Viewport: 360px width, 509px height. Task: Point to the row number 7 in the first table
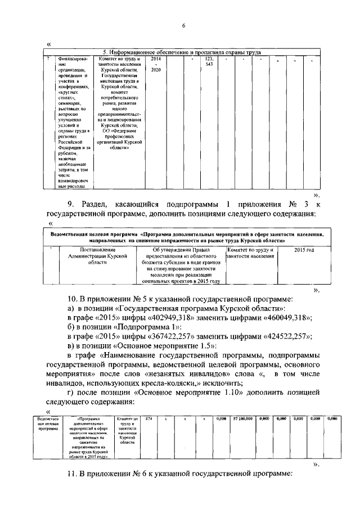(48, 58)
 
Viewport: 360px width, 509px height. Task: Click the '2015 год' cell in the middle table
(304, 249)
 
